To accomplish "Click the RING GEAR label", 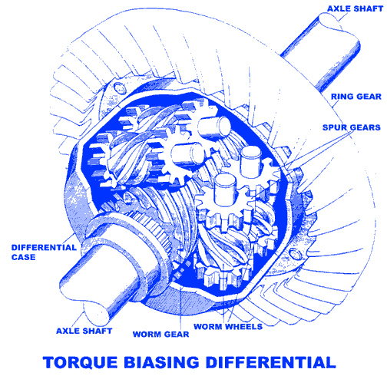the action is coord(356,97).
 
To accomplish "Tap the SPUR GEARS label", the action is coord(351,127).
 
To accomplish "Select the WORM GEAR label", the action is coord(160,334).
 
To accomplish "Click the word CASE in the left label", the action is coord(23,257).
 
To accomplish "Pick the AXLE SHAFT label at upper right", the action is coord(355,8).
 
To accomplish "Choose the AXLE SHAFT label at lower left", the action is coord(84,331).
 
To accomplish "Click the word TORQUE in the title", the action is coord(80,362).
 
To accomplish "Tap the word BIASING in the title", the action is coord(162,362).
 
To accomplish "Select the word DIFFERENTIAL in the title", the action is coord(271,362).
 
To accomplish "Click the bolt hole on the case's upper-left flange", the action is coord(119,88).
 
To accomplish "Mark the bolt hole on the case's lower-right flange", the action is coord(295,253).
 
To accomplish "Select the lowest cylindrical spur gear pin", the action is coord(225,190).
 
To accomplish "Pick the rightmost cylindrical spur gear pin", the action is coord(251,162).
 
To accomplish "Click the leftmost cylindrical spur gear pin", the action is coord(188,154).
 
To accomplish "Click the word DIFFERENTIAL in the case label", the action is coord(44,248).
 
